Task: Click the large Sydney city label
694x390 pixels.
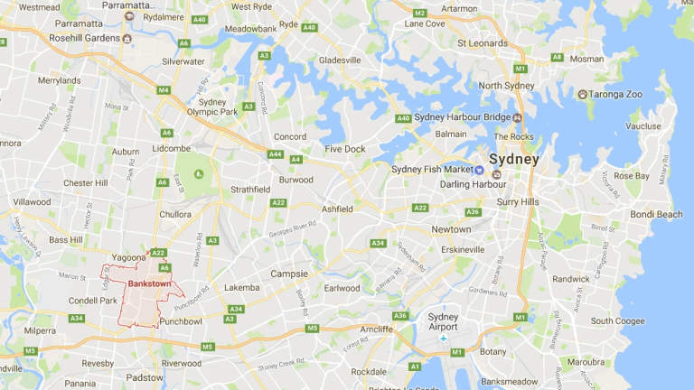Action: (513, 160)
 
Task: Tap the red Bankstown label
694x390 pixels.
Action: (150, 283)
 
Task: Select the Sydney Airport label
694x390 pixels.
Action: (443, 322)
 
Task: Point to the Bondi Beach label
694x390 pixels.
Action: (655, 214)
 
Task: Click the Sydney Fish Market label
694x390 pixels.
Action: (432, 169)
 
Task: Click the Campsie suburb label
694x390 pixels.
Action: (289, 274)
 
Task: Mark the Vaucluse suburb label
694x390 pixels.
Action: (642, 126)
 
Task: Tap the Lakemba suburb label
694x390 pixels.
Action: (241, 288)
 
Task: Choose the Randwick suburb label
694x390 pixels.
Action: (571, 279)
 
